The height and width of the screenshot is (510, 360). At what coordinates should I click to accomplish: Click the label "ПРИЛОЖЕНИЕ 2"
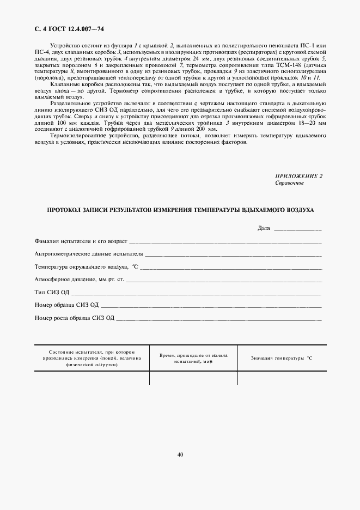298,177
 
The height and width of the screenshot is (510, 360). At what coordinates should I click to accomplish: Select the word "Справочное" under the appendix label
290,184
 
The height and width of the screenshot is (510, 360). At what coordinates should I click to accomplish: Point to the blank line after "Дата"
297,228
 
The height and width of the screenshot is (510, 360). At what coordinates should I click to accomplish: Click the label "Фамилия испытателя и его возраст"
81,241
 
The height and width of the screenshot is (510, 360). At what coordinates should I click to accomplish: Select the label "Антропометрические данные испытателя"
89,254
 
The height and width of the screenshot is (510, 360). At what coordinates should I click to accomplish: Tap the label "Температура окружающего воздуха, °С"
87,267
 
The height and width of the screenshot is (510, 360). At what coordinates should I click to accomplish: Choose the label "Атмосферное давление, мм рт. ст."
80,280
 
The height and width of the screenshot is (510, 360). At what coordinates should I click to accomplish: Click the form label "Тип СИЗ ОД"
52,293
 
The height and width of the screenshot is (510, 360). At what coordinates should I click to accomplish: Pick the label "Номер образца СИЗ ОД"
66,305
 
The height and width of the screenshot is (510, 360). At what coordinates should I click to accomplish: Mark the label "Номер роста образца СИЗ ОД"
74,318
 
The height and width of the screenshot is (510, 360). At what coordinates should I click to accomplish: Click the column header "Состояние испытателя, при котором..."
91,359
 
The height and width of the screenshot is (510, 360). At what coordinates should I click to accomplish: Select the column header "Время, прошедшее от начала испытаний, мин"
193,358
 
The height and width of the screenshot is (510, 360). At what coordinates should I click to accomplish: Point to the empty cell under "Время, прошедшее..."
193,378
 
